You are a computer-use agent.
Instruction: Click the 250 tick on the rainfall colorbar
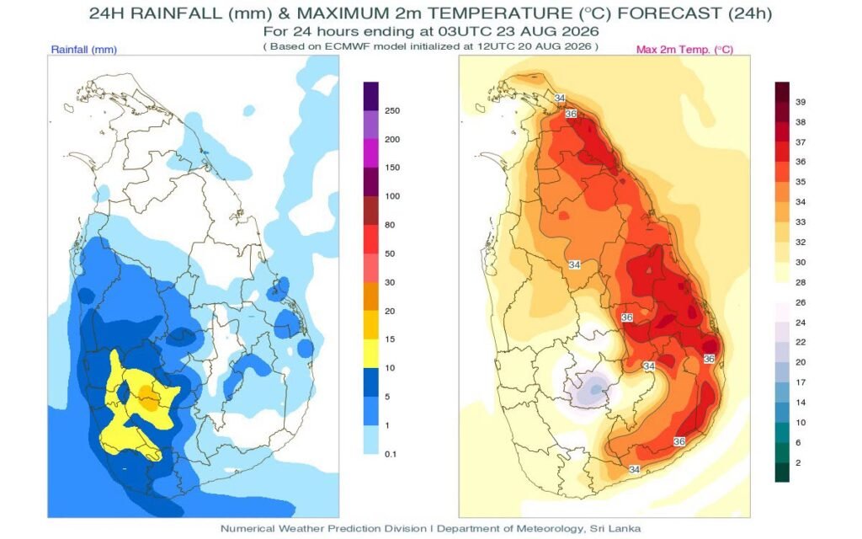[392, 110]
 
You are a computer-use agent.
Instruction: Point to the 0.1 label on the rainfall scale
[391, 454]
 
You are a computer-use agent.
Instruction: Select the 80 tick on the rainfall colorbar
[390, 225]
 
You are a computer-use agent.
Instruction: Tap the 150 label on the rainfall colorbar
[392, 168]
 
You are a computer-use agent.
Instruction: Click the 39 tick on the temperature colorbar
[801, 102]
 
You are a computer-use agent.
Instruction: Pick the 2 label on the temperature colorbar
[798, 463]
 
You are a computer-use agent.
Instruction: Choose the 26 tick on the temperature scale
[801, 303]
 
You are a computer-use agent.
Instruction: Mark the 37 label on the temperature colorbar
[801, 142]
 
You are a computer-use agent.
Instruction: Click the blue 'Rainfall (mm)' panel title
[84, 50]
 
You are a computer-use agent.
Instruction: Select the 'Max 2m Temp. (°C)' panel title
[684, 50]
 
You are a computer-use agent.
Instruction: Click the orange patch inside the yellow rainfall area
[147, 398]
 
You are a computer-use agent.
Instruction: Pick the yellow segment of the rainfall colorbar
[371, 354]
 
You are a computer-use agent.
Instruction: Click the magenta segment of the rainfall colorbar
[371, 153]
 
